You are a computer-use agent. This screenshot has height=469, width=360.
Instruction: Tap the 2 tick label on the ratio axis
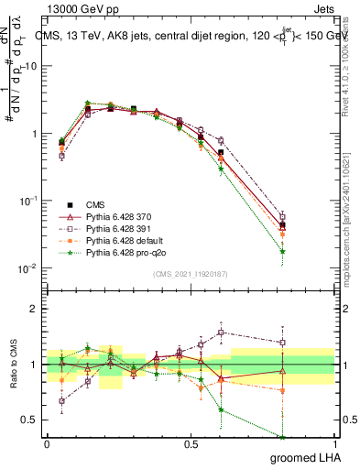35,309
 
